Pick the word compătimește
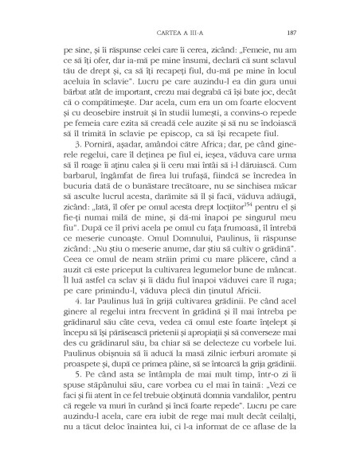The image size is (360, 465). coord(106,122)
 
